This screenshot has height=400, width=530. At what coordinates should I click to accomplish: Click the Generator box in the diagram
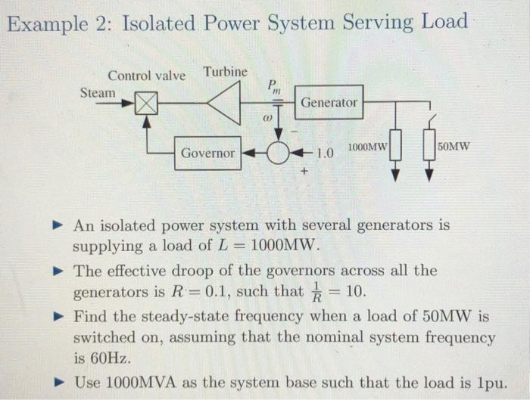[x=329, y=102]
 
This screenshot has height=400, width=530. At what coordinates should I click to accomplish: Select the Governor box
[x=207, y=153]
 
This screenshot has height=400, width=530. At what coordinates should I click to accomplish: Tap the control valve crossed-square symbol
[x=146, y=103]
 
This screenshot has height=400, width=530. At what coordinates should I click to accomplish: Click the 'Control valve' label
[x=146, y=76]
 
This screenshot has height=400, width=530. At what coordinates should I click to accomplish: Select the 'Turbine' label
[x=225, y=72]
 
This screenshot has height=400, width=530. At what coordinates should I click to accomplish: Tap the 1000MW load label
[x=368, y=146]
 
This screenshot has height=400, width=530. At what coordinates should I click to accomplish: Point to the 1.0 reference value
[x=325, y=153]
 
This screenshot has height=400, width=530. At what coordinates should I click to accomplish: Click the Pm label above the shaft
[x=273, y=86]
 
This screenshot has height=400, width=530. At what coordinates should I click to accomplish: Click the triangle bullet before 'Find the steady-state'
[x=60, y=315]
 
